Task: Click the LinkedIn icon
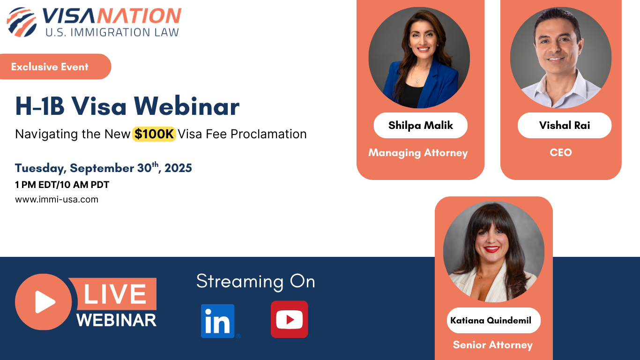click(x=218, y=321)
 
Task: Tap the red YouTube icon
click(x=289, y=320)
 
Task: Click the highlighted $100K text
click(x=154, y=134)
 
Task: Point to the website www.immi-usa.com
click(x=57, y=199)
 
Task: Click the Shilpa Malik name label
click(x=421, y=125)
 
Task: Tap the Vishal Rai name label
click(x=564, y=125)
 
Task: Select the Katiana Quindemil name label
click(x=491, y=321)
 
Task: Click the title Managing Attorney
click(x=418, y=153)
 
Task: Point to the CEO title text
click(x=561, y=152)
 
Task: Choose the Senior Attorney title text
click(x=492, y=345)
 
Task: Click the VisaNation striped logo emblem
click(x=22, y=22)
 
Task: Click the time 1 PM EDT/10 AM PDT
click(x=62, y=185)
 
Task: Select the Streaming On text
click(x=255, y=281)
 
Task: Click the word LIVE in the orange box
click(x=115, y=294)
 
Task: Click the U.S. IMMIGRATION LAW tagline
click(x=112, y=32)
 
